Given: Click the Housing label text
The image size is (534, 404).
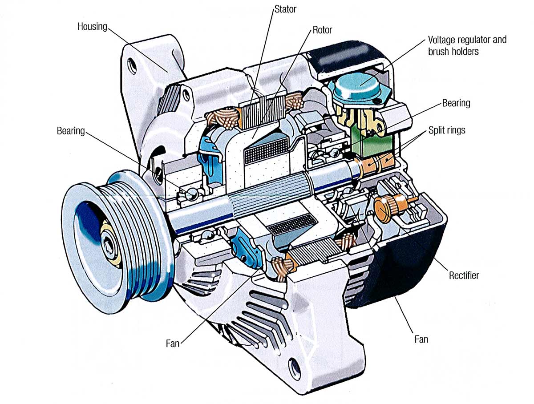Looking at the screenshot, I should pos(92,26).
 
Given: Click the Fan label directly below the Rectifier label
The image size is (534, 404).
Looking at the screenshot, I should pos(421,339).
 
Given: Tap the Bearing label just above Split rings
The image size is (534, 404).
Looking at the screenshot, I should pos(456,103).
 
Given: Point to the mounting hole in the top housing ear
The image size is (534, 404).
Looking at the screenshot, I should pos(131,66).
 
